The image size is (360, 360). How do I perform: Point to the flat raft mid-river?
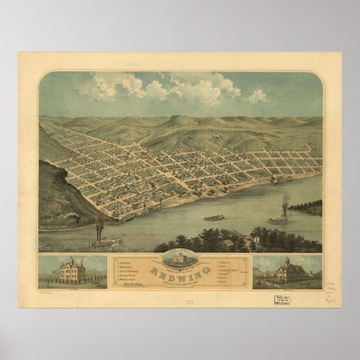[x=214, y=217]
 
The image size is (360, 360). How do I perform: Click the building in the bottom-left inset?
[x=71, y=270]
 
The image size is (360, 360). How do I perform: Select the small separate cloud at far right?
[x=257, y=96]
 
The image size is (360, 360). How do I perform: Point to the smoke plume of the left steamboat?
[x=99, y=223]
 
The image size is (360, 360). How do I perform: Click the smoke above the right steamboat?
[x=285, y=202]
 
